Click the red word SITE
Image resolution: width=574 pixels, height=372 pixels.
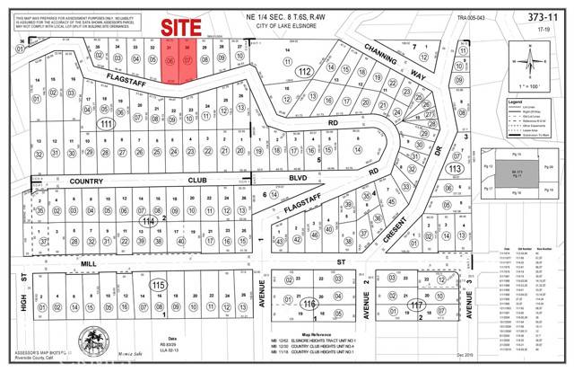point(177,28)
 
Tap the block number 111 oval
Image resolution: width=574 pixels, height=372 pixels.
point(109,123)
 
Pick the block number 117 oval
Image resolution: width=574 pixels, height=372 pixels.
point(415,306)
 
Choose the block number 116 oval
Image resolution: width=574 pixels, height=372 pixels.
point(309,306)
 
